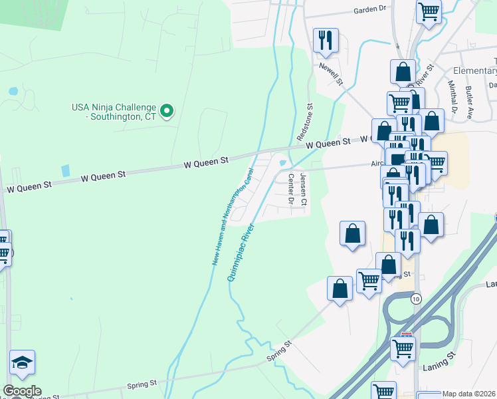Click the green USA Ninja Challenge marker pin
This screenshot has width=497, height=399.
coord(167,110)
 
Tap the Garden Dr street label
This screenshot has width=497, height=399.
coord(370,10)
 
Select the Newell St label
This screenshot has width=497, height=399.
coord(330,74)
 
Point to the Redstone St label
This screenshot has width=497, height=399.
coord(308,120)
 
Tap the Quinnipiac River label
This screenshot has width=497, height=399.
coord(241,253)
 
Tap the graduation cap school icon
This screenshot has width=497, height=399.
coord(22,362)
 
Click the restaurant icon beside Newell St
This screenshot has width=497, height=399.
coord(326,40)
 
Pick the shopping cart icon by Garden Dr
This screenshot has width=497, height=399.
coord(429,11)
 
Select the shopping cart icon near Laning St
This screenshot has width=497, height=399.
coord(403,348)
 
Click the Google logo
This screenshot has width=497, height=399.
coord(21,391)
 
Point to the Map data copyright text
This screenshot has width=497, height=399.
coord(469,394)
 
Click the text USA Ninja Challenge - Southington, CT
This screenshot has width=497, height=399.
coord(114,111)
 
